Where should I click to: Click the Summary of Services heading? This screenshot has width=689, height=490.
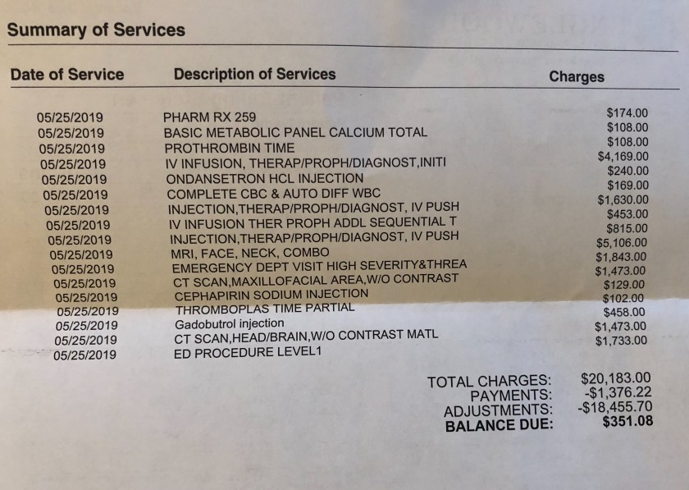point(97,31)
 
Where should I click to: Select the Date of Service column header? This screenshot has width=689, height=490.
point(67,75)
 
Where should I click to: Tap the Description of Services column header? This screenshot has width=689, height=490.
point(254,74)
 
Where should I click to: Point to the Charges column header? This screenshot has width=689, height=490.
point(576,77)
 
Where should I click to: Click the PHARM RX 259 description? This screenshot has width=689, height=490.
point(209,117)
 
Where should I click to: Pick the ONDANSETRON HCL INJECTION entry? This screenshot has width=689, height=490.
point(264,178)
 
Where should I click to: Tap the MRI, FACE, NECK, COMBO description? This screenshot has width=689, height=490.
point(250,253)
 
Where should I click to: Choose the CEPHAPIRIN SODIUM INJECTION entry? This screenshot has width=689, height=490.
point(271,293)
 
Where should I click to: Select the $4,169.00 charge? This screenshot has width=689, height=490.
point(623,156)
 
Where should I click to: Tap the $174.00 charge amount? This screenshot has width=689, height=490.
point(627,112)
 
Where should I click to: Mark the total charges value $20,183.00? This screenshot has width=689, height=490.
point(615,378)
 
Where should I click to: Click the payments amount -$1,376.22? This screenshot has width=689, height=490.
point(618,393)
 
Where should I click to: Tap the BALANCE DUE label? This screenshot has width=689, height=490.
point(499,425)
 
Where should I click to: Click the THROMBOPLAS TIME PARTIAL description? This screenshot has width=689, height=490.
point(264,308)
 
